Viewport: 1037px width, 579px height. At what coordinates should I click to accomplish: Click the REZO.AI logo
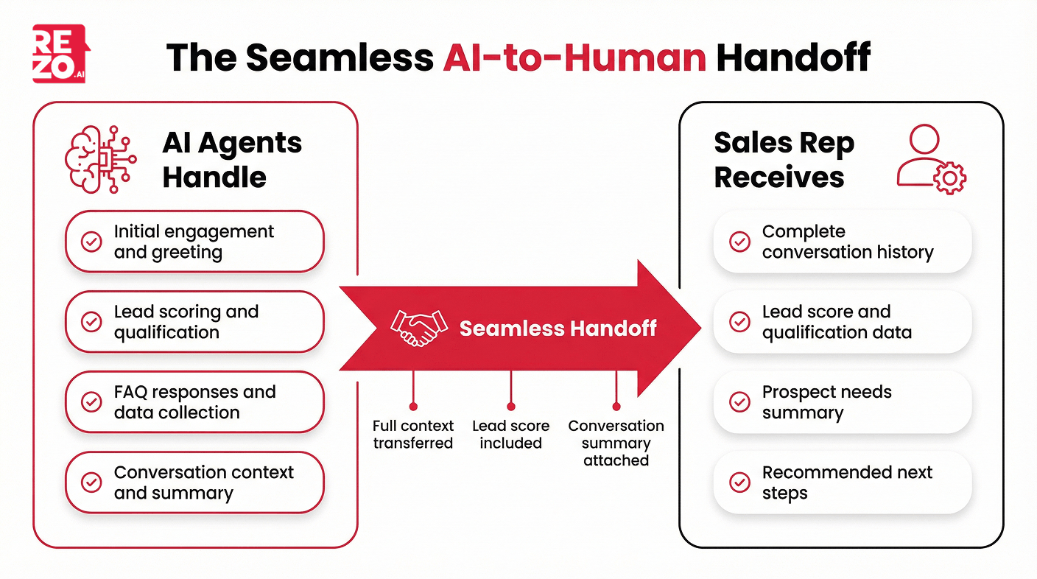coord(59,53)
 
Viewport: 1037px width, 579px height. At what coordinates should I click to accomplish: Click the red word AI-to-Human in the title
coord(574,56)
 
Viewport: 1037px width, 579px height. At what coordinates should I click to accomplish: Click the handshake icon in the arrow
coord(418,328)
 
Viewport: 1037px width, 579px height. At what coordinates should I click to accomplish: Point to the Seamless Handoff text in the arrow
coord(558,328)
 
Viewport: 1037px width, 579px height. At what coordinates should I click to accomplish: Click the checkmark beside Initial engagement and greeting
coord(91,242)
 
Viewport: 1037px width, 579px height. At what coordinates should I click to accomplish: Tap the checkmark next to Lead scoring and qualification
coord(91,322)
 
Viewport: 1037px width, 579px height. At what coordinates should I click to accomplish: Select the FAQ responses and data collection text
coord(194,402)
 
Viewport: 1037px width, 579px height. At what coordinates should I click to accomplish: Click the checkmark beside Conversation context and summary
coord(91,482)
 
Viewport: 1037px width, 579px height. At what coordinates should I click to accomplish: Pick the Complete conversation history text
coord(847,242)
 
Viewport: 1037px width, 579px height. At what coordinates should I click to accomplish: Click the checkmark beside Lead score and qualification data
coord(739,322)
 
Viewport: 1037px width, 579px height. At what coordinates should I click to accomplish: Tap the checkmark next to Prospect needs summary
coord(739,402)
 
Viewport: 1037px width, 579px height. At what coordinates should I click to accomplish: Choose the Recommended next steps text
coord(847,482)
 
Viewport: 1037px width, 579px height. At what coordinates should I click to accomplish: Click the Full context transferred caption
coord(413,435)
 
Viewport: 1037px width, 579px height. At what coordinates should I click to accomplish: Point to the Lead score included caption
coord(510,435)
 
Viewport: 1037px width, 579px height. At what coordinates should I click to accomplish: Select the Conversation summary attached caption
coord(616,443)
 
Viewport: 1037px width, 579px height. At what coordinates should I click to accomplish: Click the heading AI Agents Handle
coord(232,160)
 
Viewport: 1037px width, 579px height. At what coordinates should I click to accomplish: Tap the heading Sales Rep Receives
coord(784,160)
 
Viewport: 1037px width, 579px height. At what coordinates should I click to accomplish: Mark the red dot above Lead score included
coord(510,406)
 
